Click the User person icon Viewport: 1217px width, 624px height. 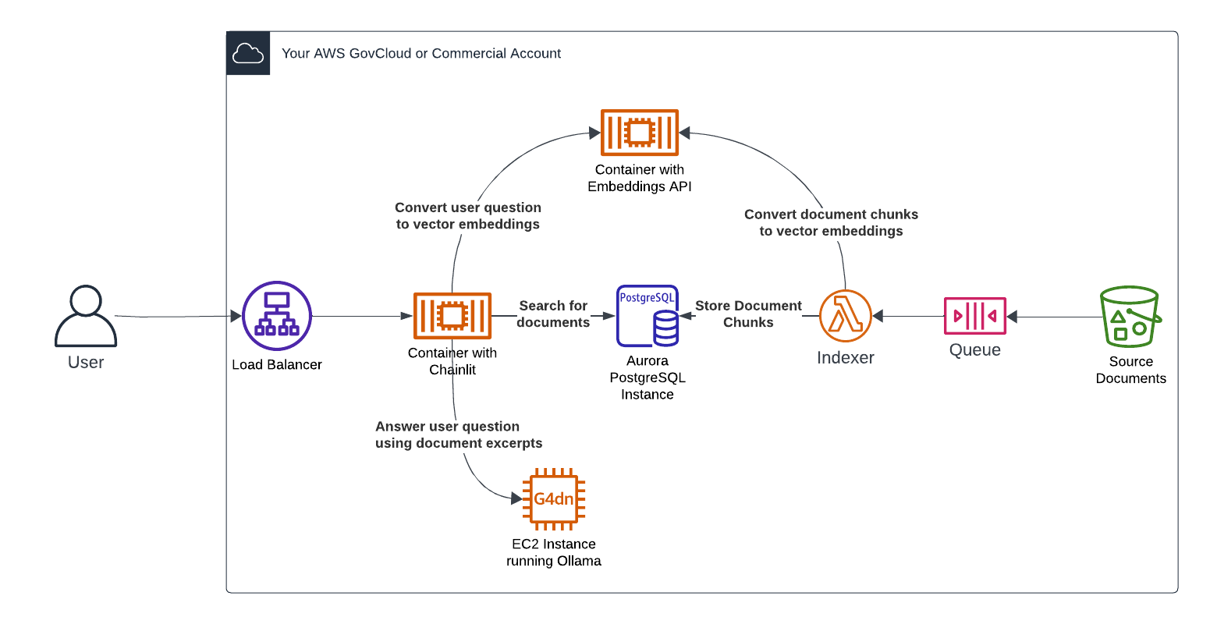(86, 316)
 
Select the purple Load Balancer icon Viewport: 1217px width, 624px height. (277, 316)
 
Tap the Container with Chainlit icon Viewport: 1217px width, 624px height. (452, 316)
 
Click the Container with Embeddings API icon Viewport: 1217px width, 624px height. (640, 133)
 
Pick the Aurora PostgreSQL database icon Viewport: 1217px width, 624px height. (648, 316)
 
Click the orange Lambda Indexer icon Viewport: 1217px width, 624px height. (846, 316)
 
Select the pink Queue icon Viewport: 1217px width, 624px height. (975, 316)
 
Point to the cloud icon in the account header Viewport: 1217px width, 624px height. (248, 53)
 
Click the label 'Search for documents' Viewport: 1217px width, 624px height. (553, 314)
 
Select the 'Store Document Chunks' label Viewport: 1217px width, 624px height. (748, 314)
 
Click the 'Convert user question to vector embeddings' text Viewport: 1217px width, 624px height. (468, 216)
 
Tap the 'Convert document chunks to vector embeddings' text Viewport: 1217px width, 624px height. (831, 223)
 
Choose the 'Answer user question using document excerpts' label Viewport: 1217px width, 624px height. (459, 435)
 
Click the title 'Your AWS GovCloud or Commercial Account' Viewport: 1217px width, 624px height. (421, 54)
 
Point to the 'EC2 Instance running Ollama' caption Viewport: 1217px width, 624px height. (554, 553)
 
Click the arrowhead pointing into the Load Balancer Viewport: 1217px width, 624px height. (236, 316)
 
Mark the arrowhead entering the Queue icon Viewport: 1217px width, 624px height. (1012, 317)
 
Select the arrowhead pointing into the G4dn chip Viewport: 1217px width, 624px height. (516, 498)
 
